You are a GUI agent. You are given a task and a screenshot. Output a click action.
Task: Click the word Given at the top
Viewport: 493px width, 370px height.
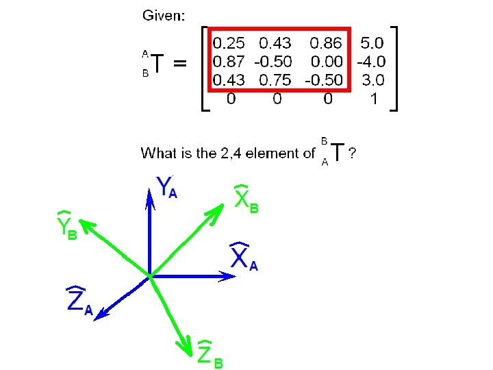point(162,16)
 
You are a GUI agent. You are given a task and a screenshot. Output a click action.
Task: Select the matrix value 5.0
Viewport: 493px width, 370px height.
point(372,43)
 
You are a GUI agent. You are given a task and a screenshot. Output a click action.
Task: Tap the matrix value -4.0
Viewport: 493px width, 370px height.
point(370,62)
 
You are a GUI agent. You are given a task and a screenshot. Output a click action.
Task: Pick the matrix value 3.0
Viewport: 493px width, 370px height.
point(372,80)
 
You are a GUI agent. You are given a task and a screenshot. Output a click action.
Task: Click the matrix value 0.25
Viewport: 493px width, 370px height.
point(231,43)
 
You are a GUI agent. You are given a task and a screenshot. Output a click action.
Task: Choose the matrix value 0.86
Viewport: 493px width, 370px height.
point(327,43)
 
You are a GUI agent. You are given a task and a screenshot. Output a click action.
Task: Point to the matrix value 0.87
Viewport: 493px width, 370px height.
point(231,62)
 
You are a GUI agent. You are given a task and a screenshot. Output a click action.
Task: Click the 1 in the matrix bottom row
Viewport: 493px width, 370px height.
point(373,99)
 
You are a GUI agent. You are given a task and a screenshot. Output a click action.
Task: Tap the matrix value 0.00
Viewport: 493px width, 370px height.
point(328,62)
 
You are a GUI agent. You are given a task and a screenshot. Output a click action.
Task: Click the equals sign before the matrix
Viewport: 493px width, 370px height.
point(179,64)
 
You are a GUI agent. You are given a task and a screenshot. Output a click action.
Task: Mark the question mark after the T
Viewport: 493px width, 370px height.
point(352,153)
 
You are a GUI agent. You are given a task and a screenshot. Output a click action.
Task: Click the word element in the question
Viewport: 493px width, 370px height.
point(275,153)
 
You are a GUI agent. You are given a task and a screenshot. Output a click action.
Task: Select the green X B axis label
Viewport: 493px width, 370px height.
point(246,199)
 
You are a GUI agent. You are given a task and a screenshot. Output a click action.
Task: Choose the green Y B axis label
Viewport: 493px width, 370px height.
point(66,227)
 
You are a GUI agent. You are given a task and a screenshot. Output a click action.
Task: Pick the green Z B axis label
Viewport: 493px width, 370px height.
point(210,354)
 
